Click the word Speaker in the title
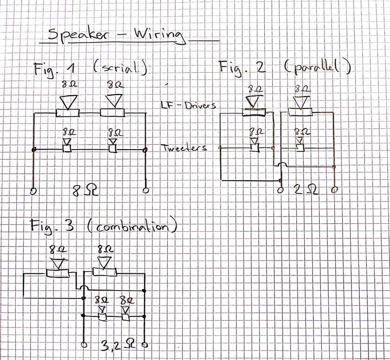coord(77,35)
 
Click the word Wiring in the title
coord(160,37)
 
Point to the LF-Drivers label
coord(188,105)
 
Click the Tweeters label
coord(184,148)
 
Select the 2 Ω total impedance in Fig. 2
coord(306,189)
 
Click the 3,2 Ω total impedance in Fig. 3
coord(118,345)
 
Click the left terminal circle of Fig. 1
coord(32,191)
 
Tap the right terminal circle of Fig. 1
coord(146,190)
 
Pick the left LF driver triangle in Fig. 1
coord(68,102)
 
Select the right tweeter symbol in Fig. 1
coord(113,145)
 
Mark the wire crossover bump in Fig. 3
coord(84,287)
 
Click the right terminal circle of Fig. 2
coord(334,190)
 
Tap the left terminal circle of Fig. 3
coord(84,345)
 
